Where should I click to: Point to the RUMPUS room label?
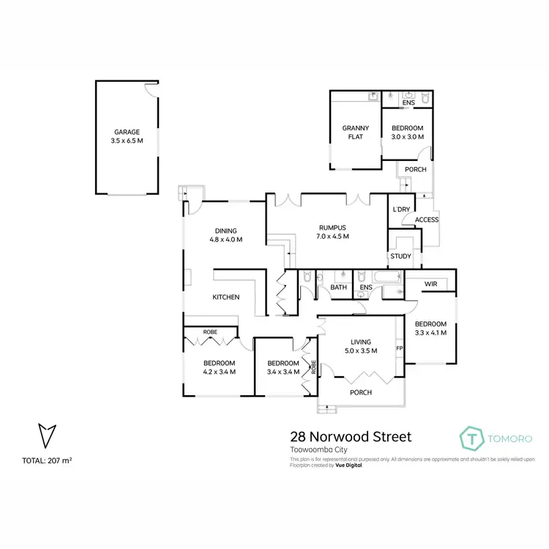[333, 227]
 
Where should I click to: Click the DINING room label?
[225, 231]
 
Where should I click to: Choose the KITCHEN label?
[226, 297]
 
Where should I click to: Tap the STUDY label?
[400, 256]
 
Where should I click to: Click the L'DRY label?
[401, 209]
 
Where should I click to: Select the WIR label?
[430, 284]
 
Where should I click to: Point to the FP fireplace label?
[400, 348]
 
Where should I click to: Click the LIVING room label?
[361, 342]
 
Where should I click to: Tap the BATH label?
[338, 287]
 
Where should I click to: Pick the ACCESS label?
[426, 220]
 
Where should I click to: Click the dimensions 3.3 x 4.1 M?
[430, 332]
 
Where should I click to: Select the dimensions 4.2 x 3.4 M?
[219, 372]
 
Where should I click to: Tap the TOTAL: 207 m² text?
[48, 460]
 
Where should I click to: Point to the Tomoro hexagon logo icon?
[472, 437]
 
